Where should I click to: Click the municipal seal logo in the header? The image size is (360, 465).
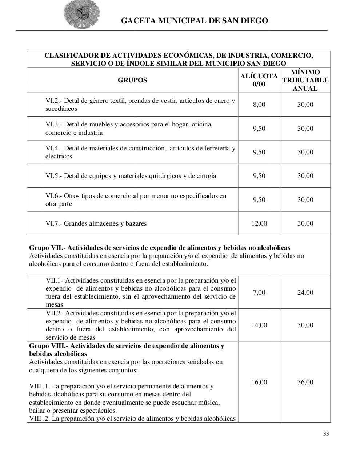[82, 14]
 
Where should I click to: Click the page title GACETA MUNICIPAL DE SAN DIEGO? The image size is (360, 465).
[194, 21]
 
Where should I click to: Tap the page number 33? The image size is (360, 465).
[326, 434]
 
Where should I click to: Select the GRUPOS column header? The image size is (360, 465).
[132, 80]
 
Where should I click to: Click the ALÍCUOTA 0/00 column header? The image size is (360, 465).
[259, 80]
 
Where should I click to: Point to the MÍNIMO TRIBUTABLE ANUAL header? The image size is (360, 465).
[305, 80]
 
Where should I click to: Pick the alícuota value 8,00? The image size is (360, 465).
[259, 105]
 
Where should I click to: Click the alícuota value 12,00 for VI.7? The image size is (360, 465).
[259, 223]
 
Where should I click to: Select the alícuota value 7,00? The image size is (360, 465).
[259, 292]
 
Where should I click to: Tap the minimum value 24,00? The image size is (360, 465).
[305, 292]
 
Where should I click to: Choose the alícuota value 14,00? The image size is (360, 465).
[259, 325]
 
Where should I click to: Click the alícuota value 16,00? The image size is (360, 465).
[259, 382]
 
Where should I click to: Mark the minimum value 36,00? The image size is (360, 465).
[305, 382]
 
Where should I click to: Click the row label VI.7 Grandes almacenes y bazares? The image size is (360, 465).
[96, 223]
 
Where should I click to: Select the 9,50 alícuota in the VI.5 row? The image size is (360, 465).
[259, 176]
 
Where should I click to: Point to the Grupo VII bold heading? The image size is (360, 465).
[159, 248]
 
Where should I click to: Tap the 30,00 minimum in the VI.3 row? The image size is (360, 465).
[305, 129]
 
